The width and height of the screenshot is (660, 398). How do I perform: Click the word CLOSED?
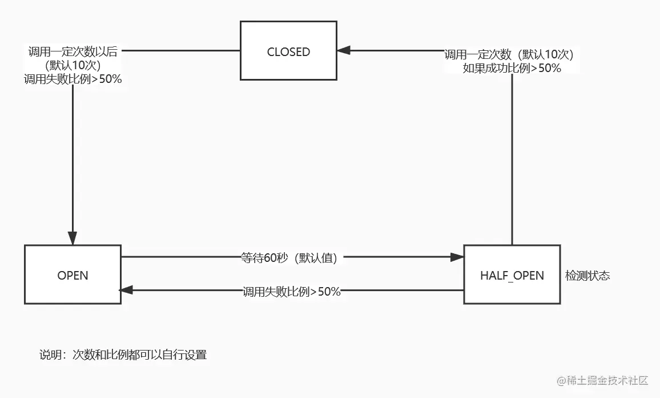coord(288,52)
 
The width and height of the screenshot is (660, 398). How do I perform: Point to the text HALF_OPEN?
coord(512,276)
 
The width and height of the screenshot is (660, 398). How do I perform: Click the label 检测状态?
coord(587,276)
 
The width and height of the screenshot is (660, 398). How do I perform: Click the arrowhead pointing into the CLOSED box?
coord(343,51)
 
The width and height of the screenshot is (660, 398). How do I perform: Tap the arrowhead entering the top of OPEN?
coord(73,239)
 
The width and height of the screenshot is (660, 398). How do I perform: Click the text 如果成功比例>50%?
coord(512,68)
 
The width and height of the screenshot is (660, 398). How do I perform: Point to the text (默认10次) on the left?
coord(73,66)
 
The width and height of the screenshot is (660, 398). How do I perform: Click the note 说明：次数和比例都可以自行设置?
coord(123,355)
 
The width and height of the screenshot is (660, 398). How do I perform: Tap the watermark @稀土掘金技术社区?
coord(596,381)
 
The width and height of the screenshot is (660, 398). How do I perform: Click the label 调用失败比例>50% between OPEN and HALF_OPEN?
coord(291,292)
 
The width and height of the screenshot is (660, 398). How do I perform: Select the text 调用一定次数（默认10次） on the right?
coord(509,54)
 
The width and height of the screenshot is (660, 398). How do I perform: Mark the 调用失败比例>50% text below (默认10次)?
coord(73,79)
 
